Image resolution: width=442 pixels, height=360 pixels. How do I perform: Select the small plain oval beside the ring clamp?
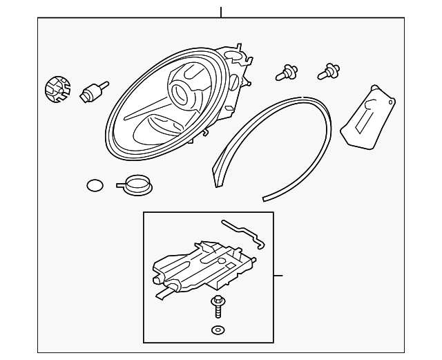point(95,184)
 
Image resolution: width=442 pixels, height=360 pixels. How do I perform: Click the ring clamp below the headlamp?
point(135,185)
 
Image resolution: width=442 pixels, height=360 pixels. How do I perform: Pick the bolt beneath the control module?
point(219,305)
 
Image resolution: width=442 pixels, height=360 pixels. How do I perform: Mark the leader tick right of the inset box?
point(278,276)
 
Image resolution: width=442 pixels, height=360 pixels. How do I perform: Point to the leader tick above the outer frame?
point(221,12)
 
